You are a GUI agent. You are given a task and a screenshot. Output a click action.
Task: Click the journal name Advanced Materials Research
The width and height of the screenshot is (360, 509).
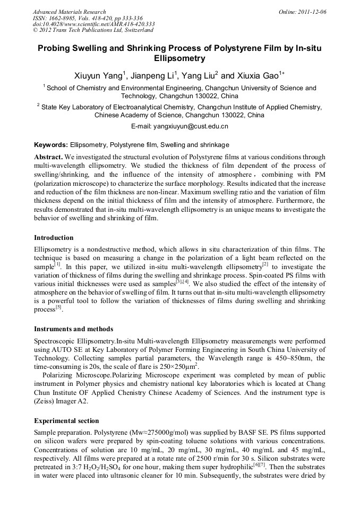coord(70,12)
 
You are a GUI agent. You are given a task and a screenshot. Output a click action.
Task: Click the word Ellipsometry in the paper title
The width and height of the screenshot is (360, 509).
coord(179,58)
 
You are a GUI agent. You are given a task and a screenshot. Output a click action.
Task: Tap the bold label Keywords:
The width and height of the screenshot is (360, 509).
coord(51,144)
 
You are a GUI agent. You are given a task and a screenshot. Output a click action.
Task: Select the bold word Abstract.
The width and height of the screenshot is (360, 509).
coord(49,158)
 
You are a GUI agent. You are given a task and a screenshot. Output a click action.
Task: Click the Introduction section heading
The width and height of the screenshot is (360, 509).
coord(54,237)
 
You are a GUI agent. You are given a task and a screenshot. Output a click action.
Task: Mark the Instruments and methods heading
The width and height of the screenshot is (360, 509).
coord(73,329)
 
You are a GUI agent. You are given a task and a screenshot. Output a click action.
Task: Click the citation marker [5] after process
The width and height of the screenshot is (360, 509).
coord(59,308)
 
